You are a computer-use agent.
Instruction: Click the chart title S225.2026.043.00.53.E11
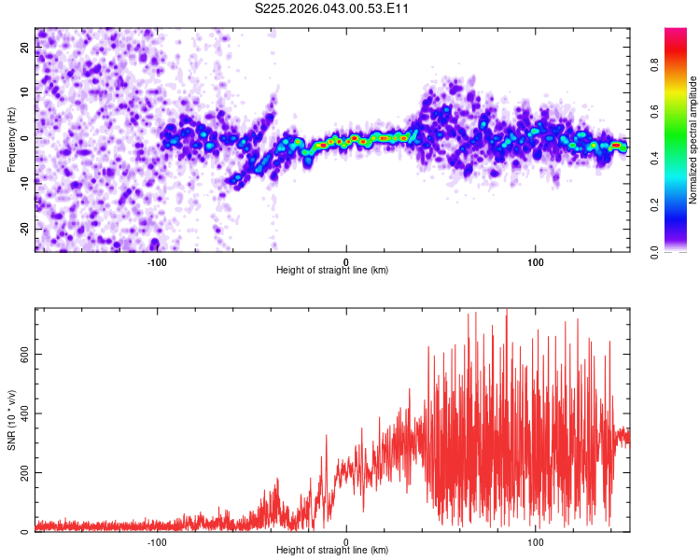coord(332,9)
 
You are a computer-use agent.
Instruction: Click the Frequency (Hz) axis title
coord(11,139)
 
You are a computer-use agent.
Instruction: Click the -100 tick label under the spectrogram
coord(156,261)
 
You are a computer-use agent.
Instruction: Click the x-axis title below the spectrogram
coord(332,271)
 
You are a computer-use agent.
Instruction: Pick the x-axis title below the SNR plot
coord(332,551)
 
